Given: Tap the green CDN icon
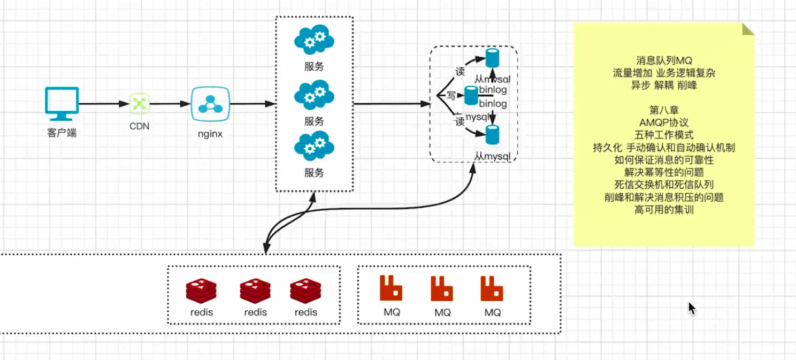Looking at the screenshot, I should click(x=139, y=103).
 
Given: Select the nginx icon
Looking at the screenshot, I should click(x=210, y=104).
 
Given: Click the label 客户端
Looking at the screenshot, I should click(x=62, y=133).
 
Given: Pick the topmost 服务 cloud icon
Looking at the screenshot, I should click(x=314, y=41).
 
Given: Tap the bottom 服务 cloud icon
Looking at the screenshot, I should click(x=314, y=145).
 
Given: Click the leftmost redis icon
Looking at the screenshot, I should click(x=201, y=291).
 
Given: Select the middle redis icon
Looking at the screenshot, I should click(x=255, y=291).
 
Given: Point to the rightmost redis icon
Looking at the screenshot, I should click(x=305, y=291).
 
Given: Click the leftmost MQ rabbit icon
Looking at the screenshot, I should click(x=391, y=288).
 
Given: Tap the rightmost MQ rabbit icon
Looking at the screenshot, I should click(x=491, y=288).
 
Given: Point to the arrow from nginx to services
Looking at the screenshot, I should click(x=251, y=104).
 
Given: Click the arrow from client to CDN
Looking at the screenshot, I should click(x=104, y=104).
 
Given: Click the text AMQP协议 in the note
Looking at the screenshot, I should click(x=664, y=122).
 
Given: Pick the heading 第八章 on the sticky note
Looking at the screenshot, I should click(x=664, y=110).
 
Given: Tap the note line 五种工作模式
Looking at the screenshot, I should click(x=664, y=135).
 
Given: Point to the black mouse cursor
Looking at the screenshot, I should click(x=691, y=308).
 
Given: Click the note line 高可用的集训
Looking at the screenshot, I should click(x=664, y=210).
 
